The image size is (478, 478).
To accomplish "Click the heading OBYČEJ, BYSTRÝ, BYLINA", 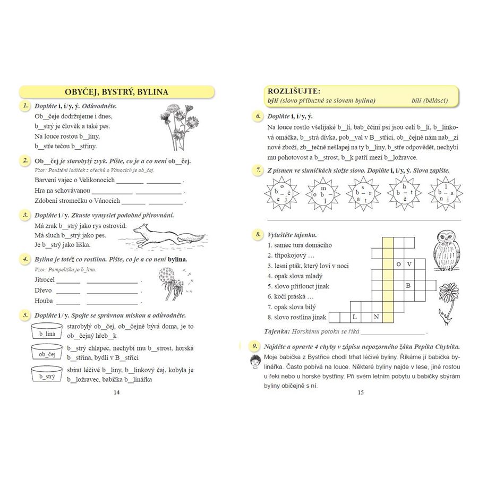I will (116, 92).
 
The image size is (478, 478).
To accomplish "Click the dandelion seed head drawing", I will (169, 281).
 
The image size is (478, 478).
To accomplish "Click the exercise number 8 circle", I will (257, 234).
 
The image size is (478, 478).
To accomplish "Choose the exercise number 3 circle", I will (24, 215).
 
